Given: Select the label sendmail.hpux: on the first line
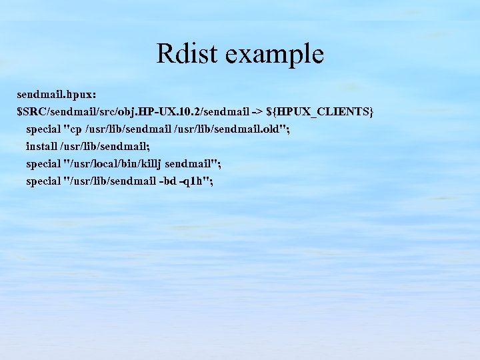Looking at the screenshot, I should click(x=52, y=94).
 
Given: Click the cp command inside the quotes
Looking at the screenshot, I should click(x=75, y=129).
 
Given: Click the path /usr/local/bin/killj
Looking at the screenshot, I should click(x=114, y=163).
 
